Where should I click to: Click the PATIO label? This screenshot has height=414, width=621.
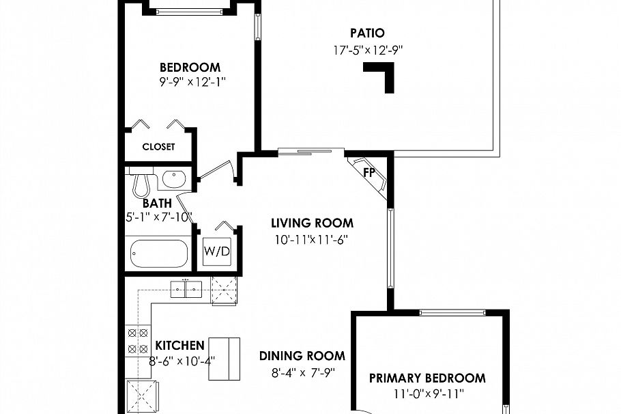(367, 33)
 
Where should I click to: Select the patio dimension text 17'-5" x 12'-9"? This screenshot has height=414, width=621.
(367, 49)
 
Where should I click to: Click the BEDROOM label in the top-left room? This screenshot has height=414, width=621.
(190, 67)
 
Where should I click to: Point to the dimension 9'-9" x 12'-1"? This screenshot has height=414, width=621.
(190, 81)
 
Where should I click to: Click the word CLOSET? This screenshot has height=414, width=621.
(158, 147)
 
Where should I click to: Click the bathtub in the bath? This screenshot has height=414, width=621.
(159, 253)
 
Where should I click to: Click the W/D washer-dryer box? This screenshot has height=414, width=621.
(217, 251)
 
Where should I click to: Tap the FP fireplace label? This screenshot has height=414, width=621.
(369, 172)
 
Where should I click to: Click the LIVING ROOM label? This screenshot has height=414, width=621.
(312, 223)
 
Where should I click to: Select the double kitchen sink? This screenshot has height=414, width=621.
(186, 289)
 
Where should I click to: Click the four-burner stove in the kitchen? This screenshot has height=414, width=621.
(137, 340)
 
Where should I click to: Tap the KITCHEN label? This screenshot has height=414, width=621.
(179, 345)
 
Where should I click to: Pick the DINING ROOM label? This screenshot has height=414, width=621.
(302, 356)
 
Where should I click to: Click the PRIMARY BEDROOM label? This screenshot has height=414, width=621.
(427, 378)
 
